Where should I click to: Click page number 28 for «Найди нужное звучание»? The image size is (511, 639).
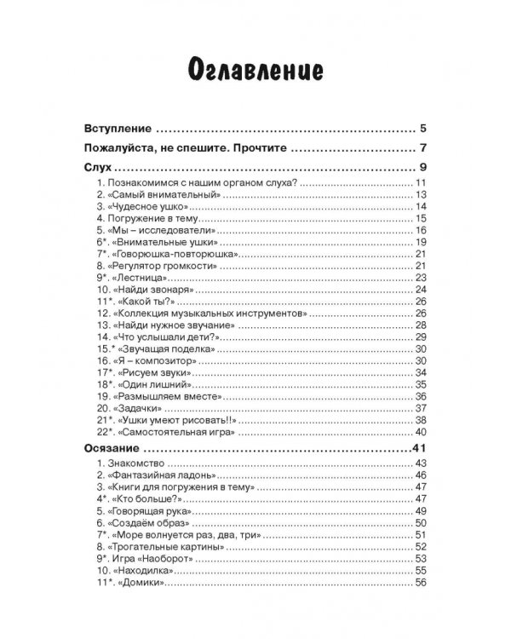[420, 325]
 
